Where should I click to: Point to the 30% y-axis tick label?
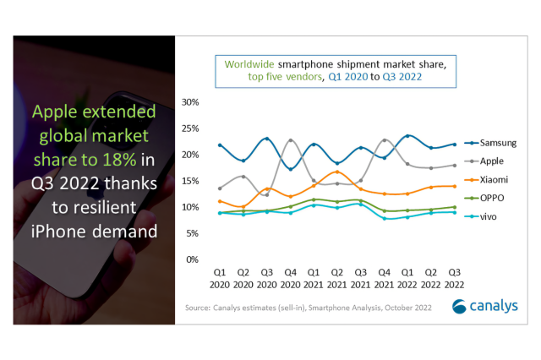pos(190,102)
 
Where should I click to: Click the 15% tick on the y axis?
pos(190,181)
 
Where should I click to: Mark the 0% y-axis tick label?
pos(193,259)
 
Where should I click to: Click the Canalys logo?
pos(487,305)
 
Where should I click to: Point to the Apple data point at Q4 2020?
pos(290,140)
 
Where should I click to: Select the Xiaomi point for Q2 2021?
pos(337,172)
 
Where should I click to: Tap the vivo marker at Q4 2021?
pos(385,218)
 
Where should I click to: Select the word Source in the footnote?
pos(199,309)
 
